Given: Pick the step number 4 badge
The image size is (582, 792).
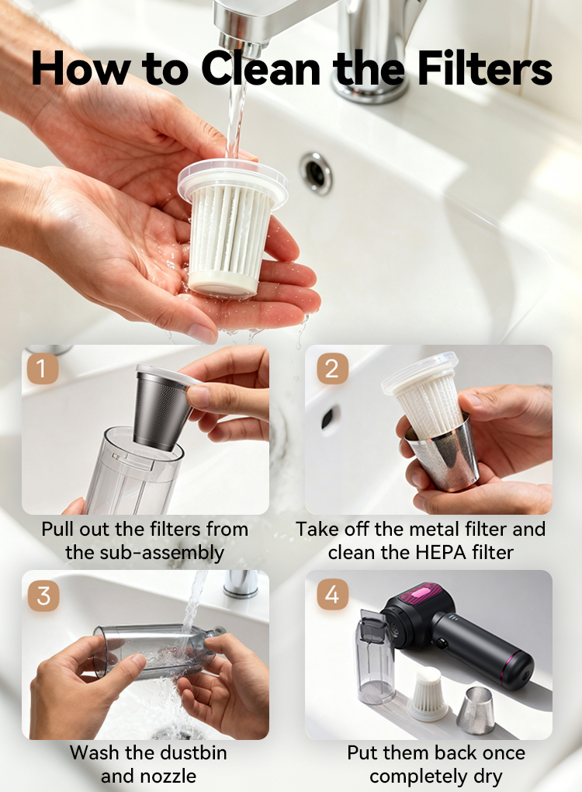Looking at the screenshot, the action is [333, 593].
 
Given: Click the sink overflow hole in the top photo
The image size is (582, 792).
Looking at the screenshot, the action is [317, 172].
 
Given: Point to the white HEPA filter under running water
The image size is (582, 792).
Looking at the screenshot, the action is [232, 228].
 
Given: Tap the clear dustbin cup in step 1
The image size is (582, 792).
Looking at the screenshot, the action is [134, 470].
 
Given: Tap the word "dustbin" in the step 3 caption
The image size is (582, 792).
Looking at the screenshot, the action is [194, 752].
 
